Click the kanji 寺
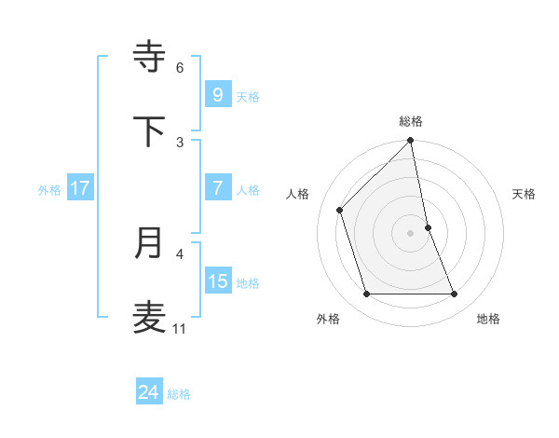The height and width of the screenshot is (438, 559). pyautogui.click(x=150, y=56)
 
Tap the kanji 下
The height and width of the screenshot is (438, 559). pyautogui.click(x=150, y=131)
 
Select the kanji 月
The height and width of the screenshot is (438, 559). pyautogui.click(x=150, y=243)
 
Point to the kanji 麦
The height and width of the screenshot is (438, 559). pyautogui.click(x=150, y=318)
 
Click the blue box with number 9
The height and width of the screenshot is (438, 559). pyautogui.click(x=217, y=94)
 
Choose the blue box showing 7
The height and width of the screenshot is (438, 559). pyautogui.click(x=217, y=188)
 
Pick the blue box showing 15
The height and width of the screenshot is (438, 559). pyautogui.click(x=217, y=281)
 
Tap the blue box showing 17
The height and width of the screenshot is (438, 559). pyautogui.click(x=79, y=188)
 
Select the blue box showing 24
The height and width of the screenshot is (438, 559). pyautogui.click(x=148, y=392)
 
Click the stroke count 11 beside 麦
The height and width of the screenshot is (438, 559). pyautogui.click(x=180, y=329)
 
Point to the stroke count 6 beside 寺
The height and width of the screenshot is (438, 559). pyautogui.click(x=180, y=67)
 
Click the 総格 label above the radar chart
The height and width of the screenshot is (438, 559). pyautogui.click(x=411, y=121)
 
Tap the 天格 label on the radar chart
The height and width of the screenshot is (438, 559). pyautogui.click(x=525, y=194)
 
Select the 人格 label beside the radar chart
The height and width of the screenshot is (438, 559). pyautogui.click(x=297, y=194)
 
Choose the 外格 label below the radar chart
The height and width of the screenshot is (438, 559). pyautogui.click(x=328, y=319)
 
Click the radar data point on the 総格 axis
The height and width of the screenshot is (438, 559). pyautogui.click(x=411, y=142)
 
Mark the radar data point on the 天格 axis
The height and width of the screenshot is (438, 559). pyautogui.click(x=429, y=227)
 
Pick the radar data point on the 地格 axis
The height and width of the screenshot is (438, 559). pyautogui.click(x=455, y=294)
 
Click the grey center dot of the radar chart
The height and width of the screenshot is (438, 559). pyautogui.click(x=411, y=233)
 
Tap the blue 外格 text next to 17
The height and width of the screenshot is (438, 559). pyautogui.click(x=48, y=189)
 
